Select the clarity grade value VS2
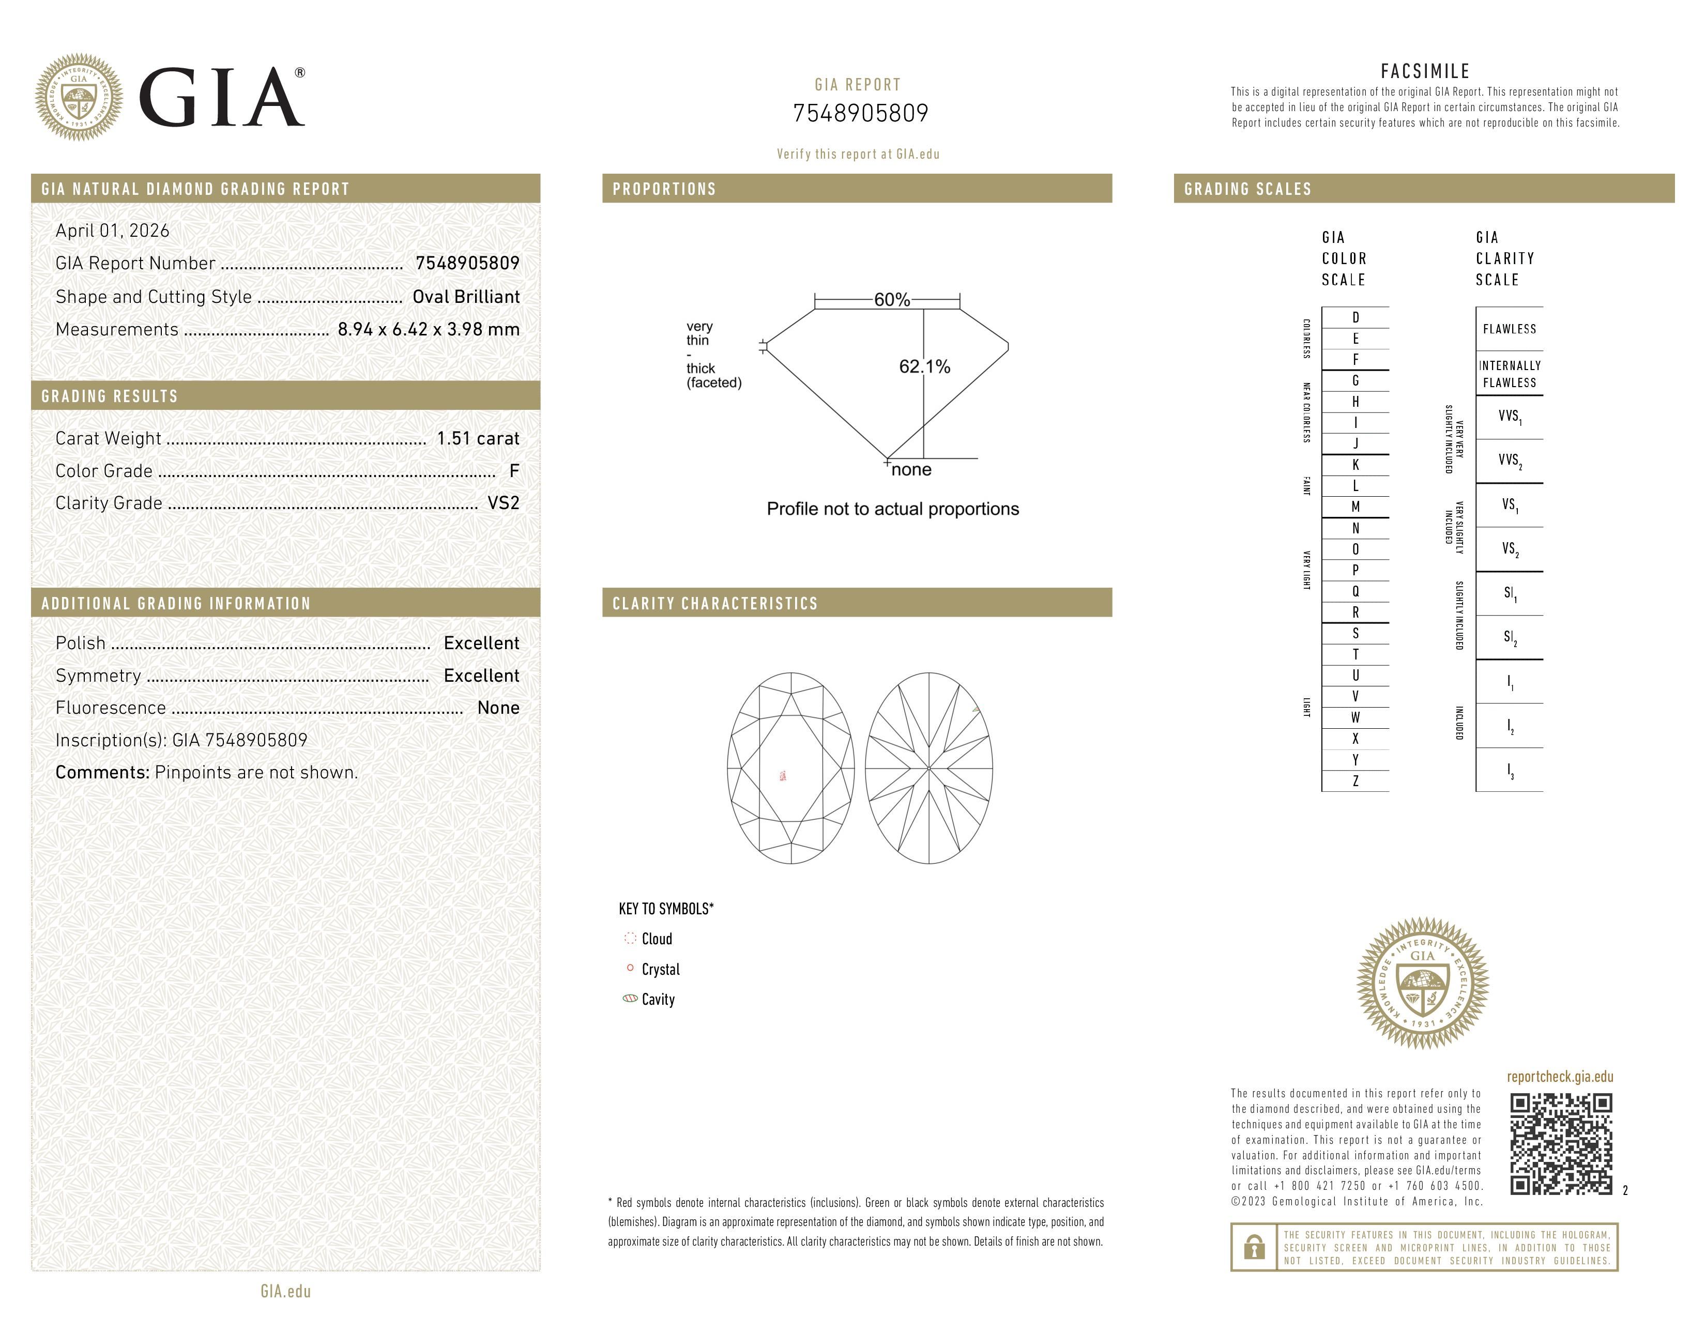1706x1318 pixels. pyautogui.click(x=503, y=503)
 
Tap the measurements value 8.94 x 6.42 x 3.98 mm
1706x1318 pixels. pyautogui.click(x=428, y=330)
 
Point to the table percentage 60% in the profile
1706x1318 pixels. pyautogui.click(x=891, y=300)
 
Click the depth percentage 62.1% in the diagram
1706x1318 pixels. pyautogui.click(x=924, y=366)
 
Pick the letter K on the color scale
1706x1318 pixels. pyautogui.click(x=1355, y=465)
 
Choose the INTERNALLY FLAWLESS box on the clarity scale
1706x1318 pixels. pyautogui.click(x=1509, y=374)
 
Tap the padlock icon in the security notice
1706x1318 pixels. pyautogui.click(x=1254, y=1247)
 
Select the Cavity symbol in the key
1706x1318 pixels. pyautogui.click(x=630, y=999)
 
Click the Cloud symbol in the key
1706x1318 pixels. pyautogui.click(x=630, y=939)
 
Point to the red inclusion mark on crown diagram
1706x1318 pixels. pyautogui.click(x=783, y=775)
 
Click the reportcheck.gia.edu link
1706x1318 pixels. pyautogui.click(x=1559, y=1077)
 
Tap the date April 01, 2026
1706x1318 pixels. pyautogui.click(x=113, y=231)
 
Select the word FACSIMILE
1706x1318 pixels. pyautogui.click(x=1425, y=71)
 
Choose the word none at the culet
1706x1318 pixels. pyautogui.click(x=911, y=469)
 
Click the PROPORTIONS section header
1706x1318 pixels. pyautogui.click(x=664, y=189)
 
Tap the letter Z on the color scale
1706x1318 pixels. pyautogui.click(x=1355, y=781)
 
